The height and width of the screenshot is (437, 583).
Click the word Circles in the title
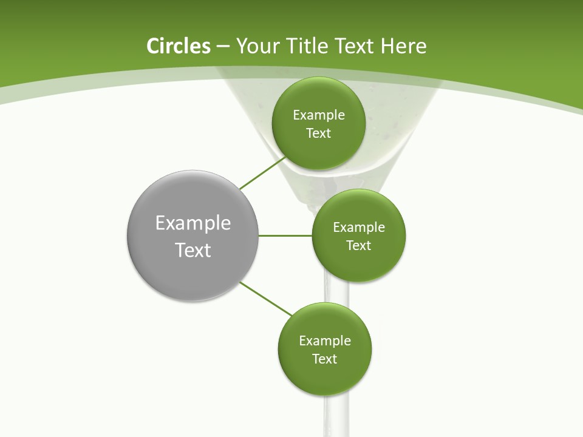click(x=179, y=46)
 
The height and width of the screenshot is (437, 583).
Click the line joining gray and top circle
click(x=262, y=173)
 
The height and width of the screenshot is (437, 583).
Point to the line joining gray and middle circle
click(x=285, y=235)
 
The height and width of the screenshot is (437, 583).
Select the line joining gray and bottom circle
click(x=266, y=299)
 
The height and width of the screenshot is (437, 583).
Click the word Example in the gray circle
click(x=193, y=223)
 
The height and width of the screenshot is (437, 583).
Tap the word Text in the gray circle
click(x=193, y=250)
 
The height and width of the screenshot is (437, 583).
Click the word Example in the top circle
click(x=319, y=115)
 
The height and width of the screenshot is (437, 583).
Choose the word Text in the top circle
click(x=318, y=133)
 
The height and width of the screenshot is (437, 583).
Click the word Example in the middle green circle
click(x=359, y=227)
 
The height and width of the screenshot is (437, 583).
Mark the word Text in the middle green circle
click(x=358, y=245)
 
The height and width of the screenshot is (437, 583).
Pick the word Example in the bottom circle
click(x=325, y=340)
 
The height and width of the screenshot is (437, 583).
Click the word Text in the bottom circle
click(x=324, y=359)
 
